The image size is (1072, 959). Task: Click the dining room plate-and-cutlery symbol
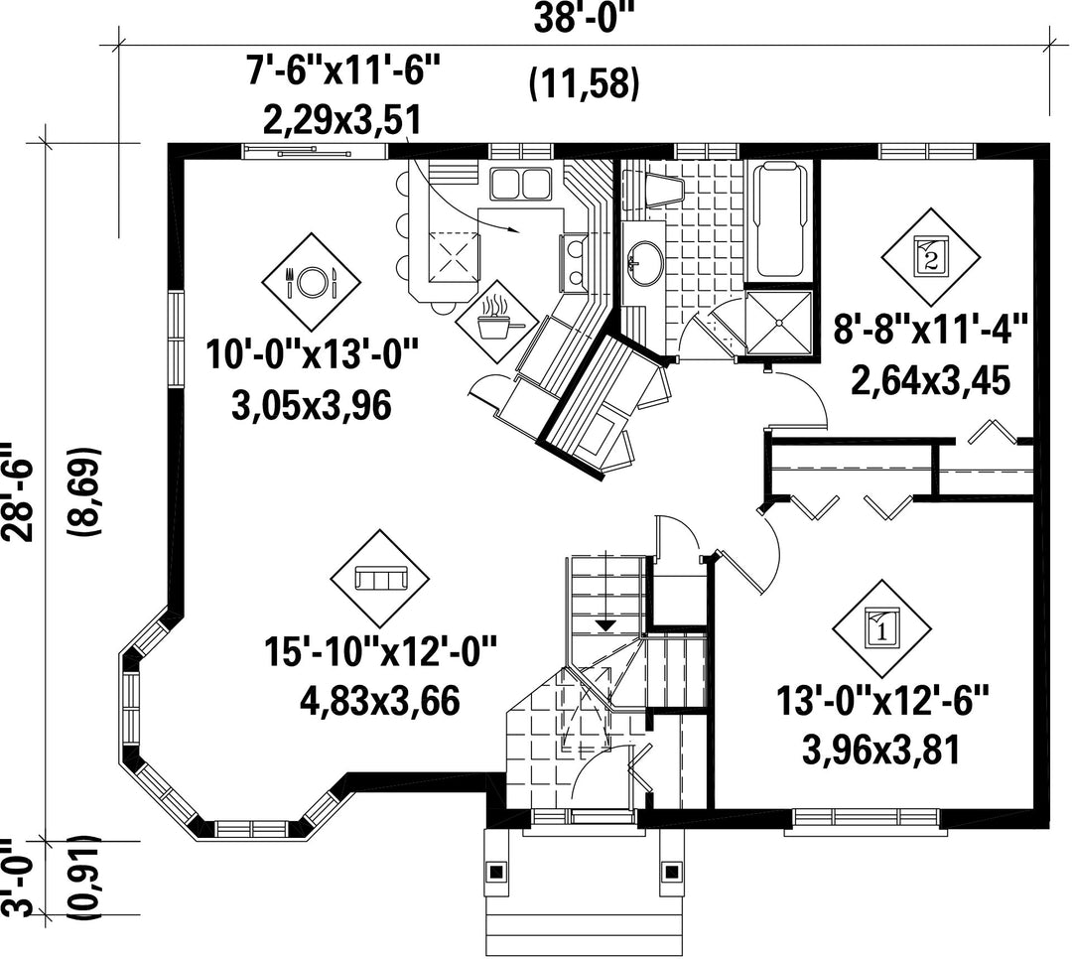[x=312, y=281]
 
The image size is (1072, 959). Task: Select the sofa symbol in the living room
[x=380, y=579]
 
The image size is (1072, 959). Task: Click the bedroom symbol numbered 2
[x=930, y=257]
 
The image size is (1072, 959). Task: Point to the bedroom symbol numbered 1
[x=881, y=629]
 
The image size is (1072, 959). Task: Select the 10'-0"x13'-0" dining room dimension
[x=312, y=355]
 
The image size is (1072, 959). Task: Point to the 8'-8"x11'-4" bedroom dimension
[x=930, y=331]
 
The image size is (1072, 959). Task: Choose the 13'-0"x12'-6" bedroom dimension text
[x=882, y=701]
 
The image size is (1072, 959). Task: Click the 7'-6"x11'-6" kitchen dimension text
[x=343, y=69]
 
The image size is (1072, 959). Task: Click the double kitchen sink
[x=522, y=183]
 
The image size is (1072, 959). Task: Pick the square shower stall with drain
[x=778, y=322]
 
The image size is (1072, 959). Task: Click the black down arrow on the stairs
[x=604, y=624]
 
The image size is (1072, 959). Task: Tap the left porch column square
[x=495, y=872]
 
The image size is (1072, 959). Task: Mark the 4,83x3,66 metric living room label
[x=380, y=701]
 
